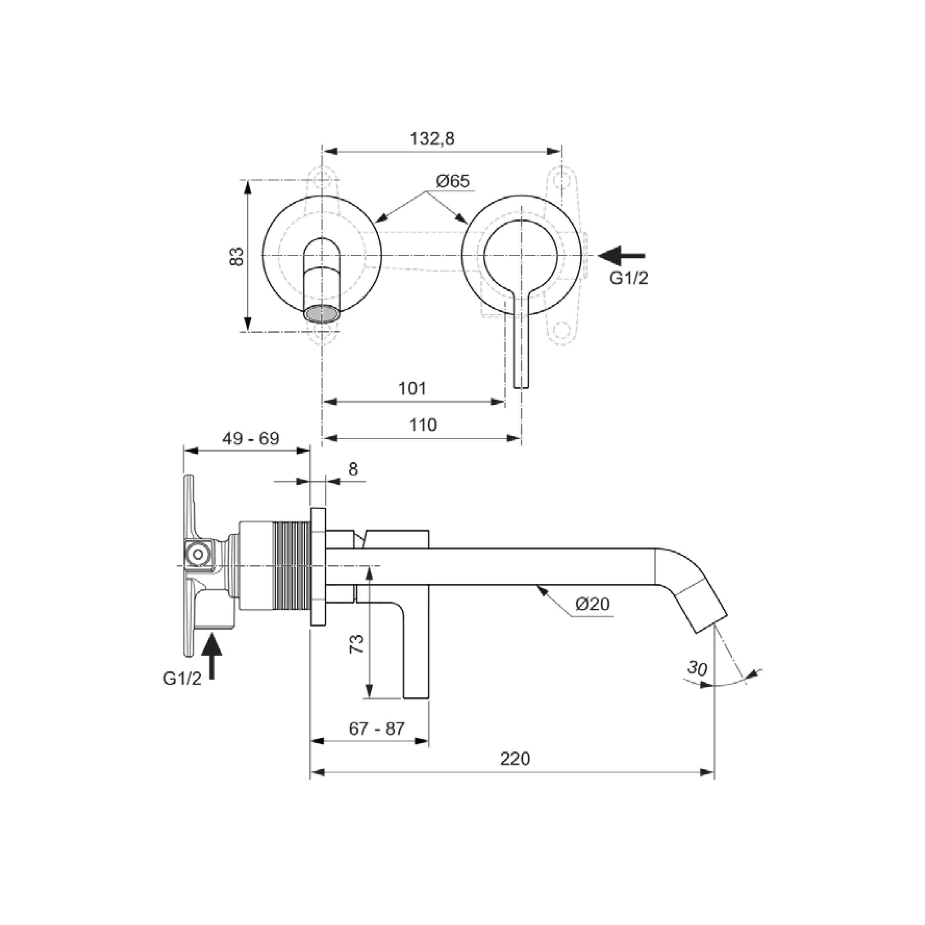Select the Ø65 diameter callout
(x=453, y=181)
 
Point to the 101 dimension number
(x=412, y=388)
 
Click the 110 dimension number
(x=423, y=425)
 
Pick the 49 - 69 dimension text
(x=250, y=438)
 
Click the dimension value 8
(x=353, y=469)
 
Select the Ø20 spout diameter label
(x=593, y=605)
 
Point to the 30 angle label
(x=697, y=668)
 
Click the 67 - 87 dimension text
(x=377, y=729)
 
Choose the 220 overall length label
(x=515, y=759)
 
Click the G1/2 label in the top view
(x=629, y=278)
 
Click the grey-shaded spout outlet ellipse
(x=322, y=314)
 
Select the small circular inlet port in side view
(x=197, y=555)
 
